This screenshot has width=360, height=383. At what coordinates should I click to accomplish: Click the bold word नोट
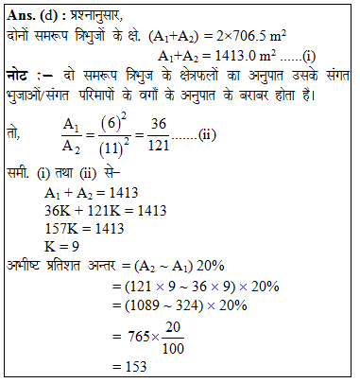tap(22, 78)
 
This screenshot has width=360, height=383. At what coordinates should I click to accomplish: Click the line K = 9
tap(65, 250)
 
